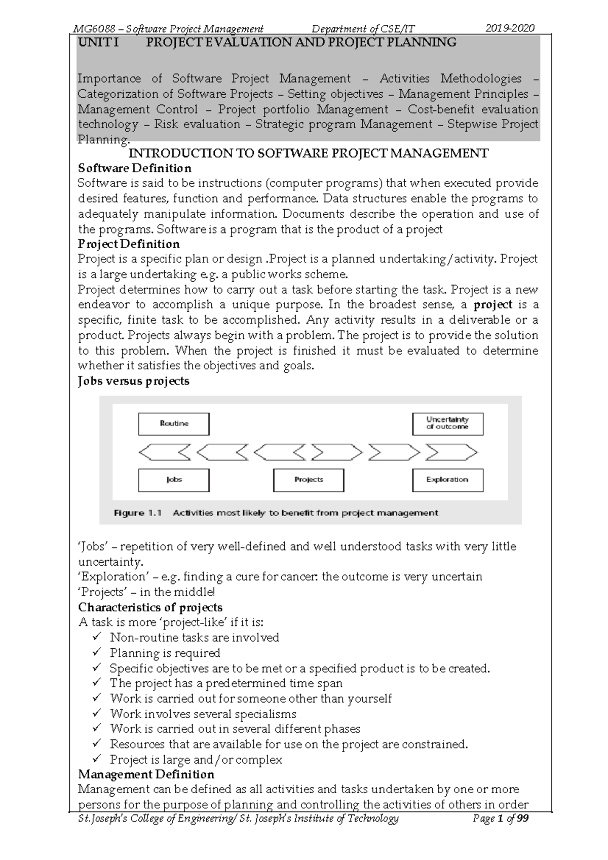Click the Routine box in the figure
coord(174,424)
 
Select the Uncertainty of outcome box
coord(447,424)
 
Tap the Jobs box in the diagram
coord(174,480)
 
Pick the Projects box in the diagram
coord(309,480)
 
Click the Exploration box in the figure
coord(447,480)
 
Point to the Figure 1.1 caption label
coord(138,513)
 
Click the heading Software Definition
coord(134,168)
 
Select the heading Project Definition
coord(129,244)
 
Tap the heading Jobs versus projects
coord(133,381)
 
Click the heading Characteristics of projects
coord(150,607)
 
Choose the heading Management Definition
coord(146,774)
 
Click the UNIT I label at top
coord(98,43)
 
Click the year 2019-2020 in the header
coord(510,28)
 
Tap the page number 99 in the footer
coord(522,819)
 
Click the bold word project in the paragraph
coord(493,305)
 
